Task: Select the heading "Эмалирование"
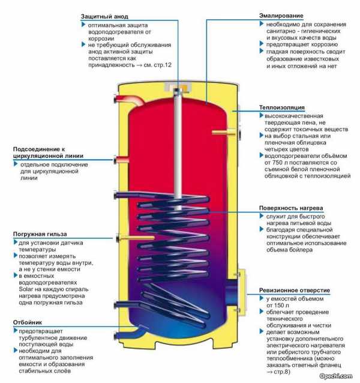281,14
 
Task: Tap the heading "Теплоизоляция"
280,107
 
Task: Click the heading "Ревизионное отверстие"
293,290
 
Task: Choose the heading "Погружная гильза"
39,234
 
